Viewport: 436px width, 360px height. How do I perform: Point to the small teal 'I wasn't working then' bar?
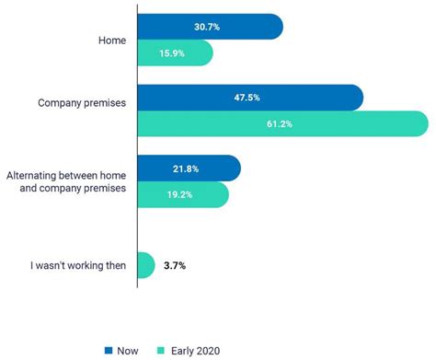tap(145, 265)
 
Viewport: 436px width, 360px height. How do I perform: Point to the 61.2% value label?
tap(281, 123)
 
